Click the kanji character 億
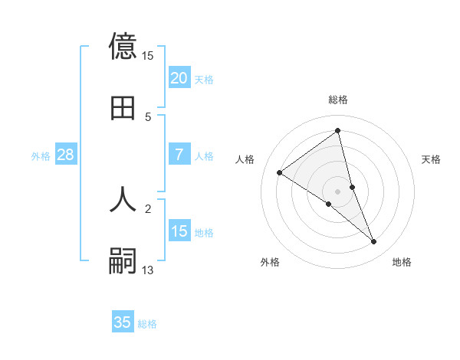[123, 46]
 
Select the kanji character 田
[123, 108]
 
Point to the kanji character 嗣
[123, 261]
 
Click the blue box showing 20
[179, 78]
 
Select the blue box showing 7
[179, 155]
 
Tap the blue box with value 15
[179, 231]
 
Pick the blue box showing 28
[65, 155]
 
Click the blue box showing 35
[123, 322]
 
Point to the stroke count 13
[148, 270]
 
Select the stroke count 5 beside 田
[148, 116]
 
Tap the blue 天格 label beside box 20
[204, 79]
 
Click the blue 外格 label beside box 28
[41, 155]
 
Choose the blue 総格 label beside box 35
[147, 323]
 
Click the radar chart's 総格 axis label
[338, 100]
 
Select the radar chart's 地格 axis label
[402, 262]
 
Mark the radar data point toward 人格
[280, 172]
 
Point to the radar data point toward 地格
[374, 242]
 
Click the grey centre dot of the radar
[338, 191]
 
